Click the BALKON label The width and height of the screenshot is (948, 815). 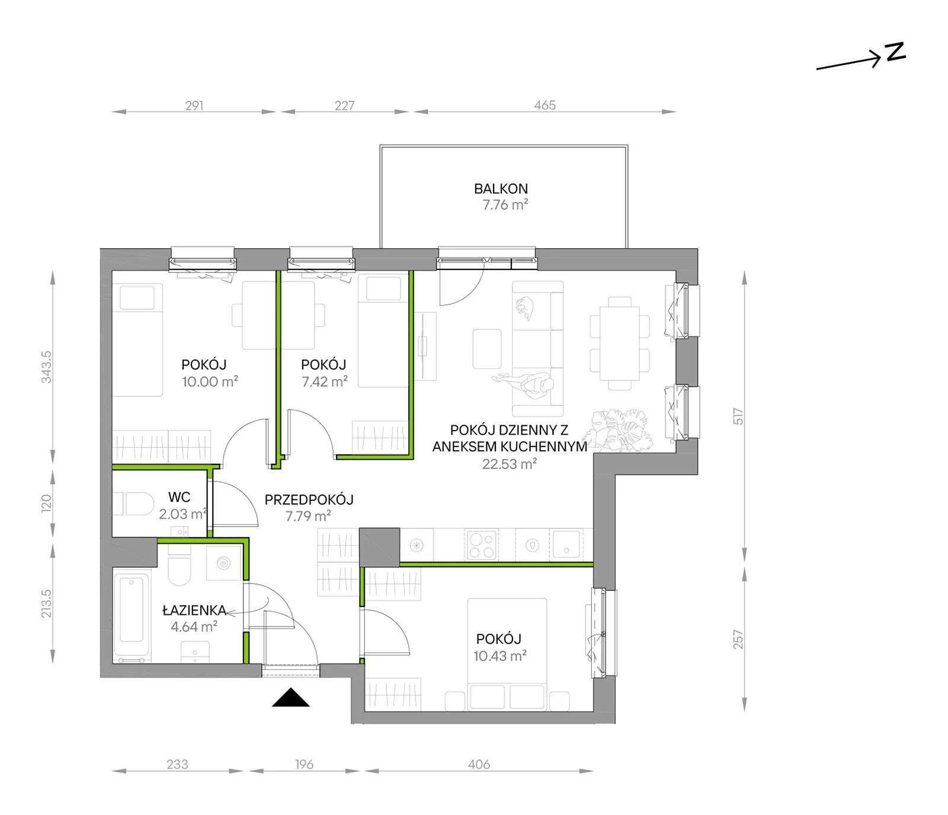tap(501, 189)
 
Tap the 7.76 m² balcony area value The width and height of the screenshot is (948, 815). tap(505, 206)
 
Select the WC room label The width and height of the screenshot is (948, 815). tap(179, 498)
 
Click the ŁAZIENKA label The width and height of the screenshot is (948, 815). tap(194, 610)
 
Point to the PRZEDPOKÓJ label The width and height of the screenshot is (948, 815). tap(309, 500)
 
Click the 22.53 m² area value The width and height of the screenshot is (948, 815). tap(509, 464)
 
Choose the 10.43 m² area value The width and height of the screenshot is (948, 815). tap(500, 656)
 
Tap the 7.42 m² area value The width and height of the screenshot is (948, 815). tap(325, 381)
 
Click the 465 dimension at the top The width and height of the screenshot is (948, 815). tap(545, 105)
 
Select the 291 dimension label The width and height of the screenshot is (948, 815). tap(194, 105)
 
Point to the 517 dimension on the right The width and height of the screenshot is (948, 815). tap(738, 416)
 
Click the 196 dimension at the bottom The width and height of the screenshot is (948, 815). tap(304, 765)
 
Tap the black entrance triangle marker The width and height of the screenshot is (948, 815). tap(291, 698)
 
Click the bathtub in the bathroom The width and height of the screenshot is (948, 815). tap(132, 617)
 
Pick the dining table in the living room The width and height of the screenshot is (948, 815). tap(620, 344)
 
